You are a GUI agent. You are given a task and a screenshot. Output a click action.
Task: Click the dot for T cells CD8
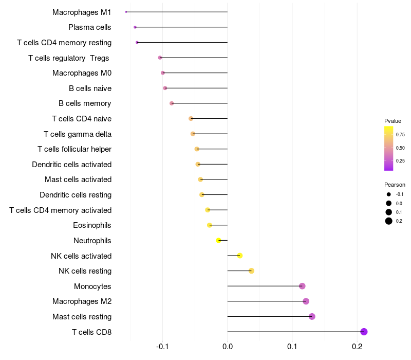pos(364,332)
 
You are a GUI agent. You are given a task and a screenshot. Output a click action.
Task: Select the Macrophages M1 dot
pos(126,12)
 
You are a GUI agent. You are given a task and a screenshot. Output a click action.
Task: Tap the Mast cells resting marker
pos(312,316)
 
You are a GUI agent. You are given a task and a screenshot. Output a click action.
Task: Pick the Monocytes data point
pos(302,286)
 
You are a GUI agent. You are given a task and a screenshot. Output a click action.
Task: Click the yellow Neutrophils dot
pos(219,240)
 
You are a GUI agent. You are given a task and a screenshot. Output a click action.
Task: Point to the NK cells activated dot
pos(239,256)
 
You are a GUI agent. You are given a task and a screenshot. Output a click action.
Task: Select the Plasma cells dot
pos(135,27)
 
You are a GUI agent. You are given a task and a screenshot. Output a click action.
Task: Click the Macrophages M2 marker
pos(306,301)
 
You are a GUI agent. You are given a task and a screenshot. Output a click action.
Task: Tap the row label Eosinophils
pos(92,225)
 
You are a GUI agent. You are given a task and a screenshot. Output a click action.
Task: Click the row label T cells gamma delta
pos(78,134)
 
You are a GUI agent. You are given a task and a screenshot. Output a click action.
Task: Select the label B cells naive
pos(90,88)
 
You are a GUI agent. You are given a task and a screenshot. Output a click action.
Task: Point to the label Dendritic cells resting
pos(76,195)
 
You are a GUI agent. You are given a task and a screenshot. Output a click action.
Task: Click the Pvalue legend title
pos(393,121)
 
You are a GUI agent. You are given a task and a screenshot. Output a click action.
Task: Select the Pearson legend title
pos(395,185)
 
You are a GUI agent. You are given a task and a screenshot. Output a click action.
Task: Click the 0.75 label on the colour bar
pos(400,135)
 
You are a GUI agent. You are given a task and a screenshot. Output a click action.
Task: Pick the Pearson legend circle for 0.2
pos(389,221)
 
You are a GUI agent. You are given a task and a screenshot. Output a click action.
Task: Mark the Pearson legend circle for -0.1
pos(389,194)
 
